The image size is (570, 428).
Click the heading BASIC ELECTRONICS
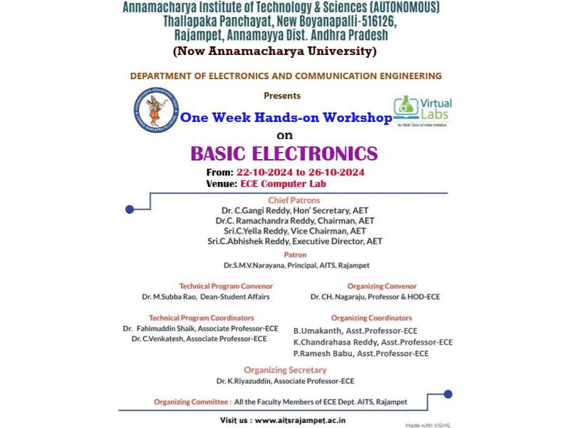click(284, 153)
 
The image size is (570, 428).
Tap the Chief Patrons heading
click(294, 200)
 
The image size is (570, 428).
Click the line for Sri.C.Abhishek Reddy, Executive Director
click(294, 241)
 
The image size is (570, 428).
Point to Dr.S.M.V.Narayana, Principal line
click(295, 265)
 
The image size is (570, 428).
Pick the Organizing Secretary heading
click(285, 370)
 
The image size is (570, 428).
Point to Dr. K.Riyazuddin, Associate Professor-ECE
click(285, 381)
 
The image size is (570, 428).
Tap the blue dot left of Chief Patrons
click(130, 209)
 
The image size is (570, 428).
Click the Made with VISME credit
click(427, 424)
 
